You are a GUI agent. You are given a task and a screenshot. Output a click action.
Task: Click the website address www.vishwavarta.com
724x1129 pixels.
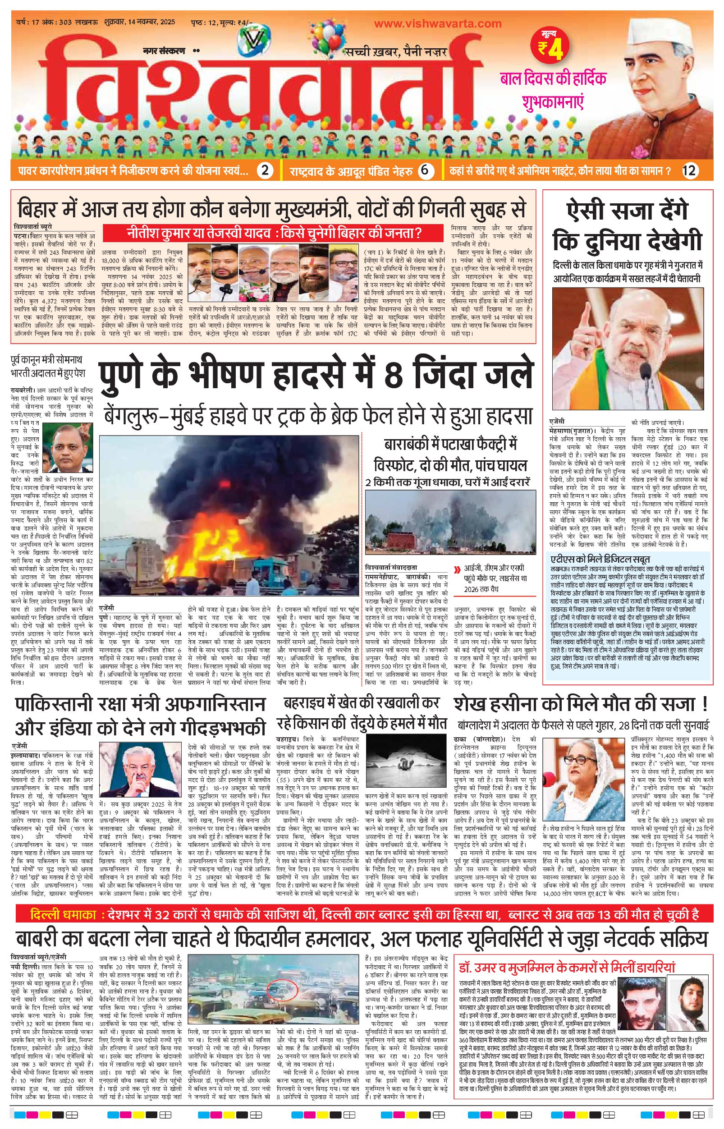point(438,23)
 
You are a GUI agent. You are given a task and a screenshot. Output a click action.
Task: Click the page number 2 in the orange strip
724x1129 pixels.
point(266,170)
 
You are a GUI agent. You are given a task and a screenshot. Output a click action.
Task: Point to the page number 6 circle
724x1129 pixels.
point(426,170)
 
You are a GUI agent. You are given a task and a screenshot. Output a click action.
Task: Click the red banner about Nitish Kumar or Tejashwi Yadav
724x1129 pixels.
point(273,233)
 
